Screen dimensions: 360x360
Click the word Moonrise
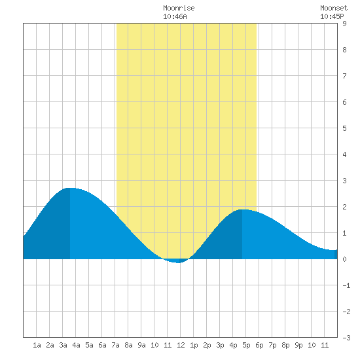tap(179, 8)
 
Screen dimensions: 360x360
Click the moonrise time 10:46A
tap(175, 16)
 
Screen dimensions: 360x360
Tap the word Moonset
tap(334, 8)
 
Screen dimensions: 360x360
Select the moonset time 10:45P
tap(332, 16)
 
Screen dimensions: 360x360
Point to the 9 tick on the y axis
tap(344, 24)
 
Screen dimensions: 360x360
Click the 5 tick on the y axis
tap(344, 128)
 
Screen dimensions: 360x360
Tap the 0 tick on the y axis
tap(344, 259)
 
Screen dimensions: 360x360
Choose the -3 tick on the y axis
tap(346, 338)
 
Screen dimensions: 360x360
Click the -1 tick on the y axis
tap(346, 285)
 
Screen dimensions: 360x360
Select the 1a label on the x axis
tap(37, 345)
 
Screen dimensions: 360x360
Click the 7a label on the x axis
tap(115, 345)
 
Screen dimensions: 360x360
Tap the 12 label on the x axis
tap(181, 345)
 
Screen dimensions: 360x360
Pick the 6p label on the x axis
tap(259, 345)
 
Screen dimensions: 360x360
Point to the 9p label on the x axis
tap(298, 345)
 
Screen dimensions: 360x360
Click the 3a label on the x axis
tap(63, 345)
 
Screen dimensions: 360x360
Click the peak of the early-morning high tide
tap(70, 188)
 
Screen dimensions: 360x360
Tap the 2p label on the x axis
tap(207, 345)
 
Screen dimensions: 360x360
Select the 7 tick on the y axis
tap(344, 76)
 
